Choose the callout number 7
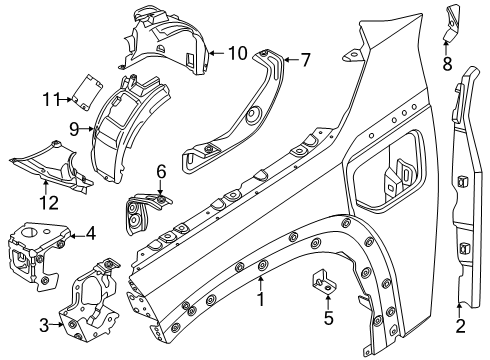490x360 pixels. click(x=305, y=59)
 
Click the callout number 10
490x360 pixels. click(x=236, y=51)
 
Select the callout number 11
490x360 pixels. click(x=50, y=97)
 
